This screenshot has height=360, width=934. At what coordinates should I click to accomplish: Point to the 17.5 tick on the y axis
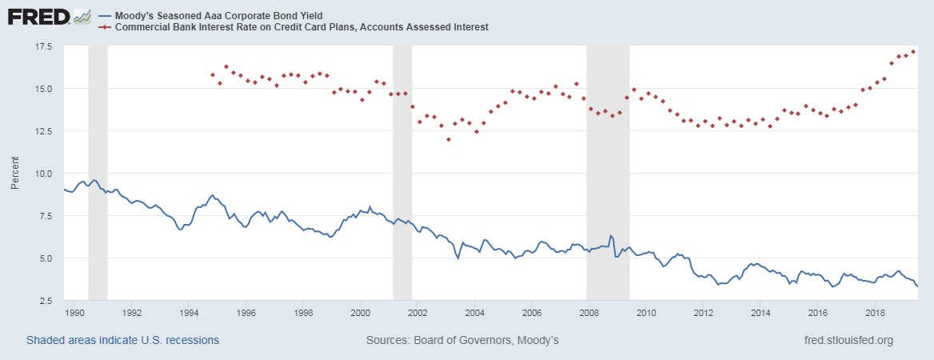pos(42,46)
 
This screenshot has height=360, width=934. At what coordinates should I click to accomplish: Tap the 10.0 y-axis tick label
pos(42,174)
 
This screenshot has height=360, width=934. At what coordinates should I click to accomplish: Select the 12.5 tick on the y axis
pos(42,131)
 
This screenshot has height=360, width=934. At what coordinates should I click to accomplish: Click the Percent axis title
pos(16,174)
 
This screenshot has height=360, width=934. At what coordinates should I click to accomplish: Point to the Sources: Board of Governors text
pos(462,340)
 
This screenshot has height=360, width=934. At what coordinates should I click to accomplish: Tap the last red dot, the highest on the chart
pos(913,51)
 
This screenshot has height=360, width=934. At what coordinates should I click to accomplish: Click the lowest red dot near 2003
pos(449,139)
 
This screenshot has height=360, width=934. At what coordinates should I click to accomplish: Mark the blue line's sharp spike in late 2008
pos(610,236)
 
